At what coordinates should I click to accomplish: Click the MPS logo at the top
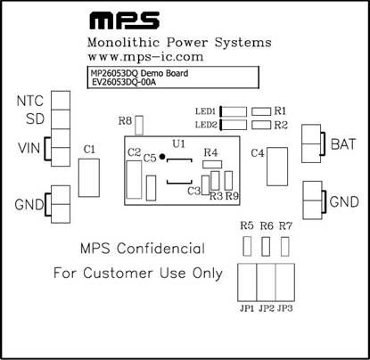pos(124,20)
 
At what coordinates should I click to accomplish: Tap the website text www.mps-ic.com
pos(145,57)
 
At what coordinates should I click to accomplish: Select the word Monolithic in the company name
pos(123,42)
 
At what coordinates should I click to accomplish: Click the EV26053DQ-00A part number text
pos(124,82)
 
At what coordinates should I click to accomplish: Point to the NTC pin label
pos(30,101)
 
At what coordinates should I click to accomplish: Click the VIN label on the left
pos(29,148)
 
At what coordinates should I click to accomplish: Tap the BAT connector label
pos(343,144)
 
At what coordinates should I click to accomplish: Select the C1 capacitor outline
pos(89,177)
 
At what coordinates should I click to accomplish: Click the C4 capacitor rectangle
pos(277,167)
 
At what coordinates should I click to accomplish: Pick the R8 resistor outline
pos(139,125)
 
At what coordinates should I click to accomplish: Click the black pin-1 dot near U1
pos(162,157)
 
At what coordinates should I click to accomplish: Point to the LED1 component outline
pos(234,111)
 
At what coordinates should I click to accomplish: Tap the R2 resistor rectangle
pos(261,125)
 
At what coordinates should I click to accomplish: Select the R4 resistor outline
pos(212,164)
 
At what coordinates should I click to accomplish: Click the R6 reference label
pos(267,226)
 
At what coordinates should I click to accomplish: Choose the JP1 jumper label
pos(247,308)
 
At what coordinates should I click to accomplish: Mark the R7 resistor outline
pos(285,246)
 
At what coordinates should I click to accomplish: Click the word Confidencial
pos(160,249)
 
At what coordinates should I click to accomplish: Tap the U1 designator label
pos(179,143)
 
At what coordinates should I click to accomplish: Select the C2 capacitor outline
pos(134,180)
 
